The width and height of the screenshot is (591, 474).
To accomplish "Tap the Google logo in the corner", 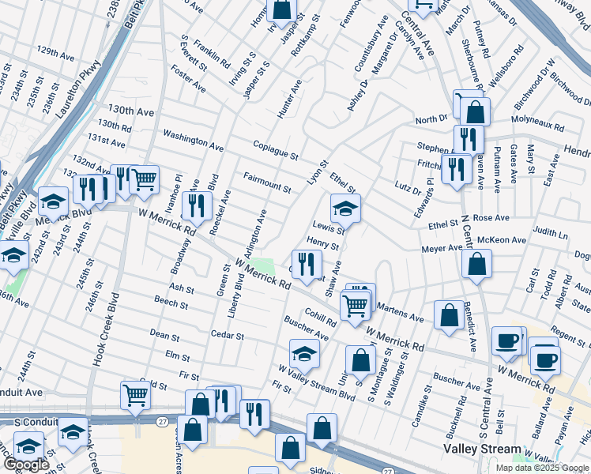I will [x=27, y=465].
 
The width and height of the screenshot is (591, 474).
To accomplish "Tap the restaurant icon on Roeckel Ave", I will [x=197, y=205].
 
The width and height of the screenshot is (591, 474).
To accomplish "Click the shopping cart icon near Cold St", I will [x=136, y=395].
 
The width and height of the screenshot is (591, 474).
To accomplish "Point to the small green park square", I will [x=268, y=267].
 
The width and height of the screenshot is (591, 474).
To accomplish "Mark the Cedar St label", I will [x=227, y=336].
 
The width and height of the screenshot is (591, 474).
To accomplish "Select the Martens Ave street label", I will [x=400, y=311].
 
